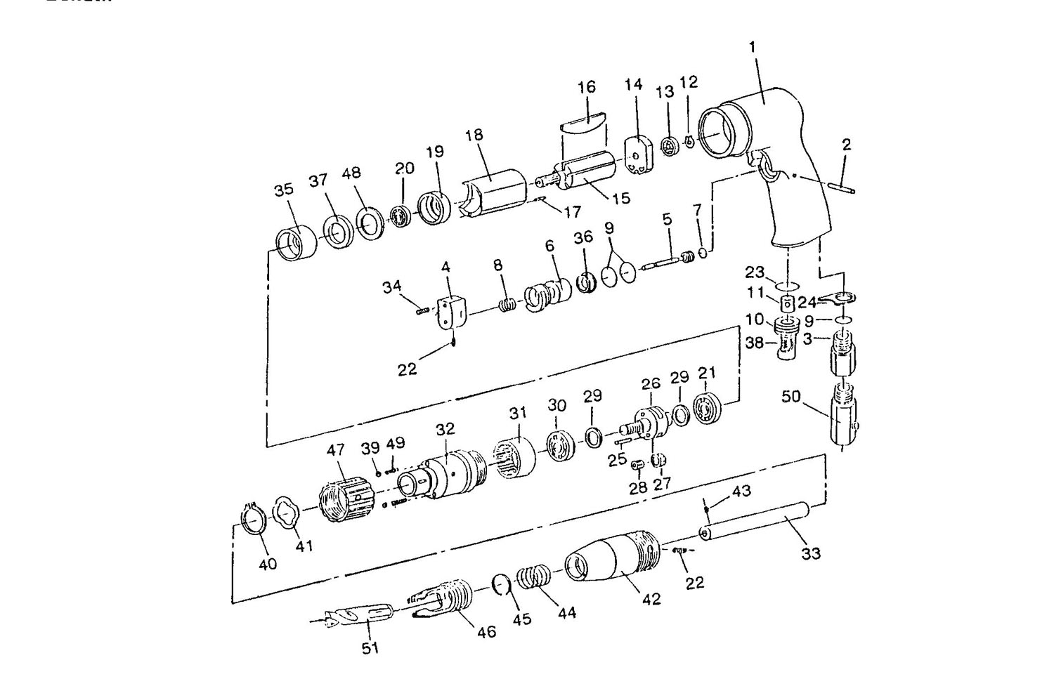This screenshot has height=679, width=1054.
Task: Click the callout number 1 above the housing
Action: coord(752,47)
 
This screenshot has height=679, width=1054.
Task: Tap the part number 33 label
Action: coord(811,553)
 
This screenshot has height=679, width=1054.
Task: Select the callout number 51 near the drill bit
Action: coord(370,648)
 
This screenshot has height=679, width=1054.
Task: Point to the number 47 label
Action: coord(336,450)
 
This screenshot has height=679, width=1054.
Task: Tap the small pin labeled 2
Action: coord(842,187)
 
